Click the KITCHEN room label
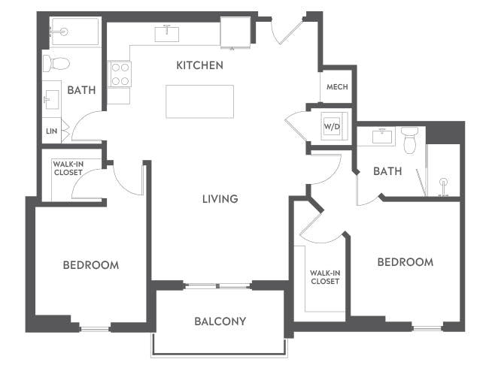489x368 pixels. coord(199,65)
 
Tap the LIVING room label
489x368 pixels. coord(220,199)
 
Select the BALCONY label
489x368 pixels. coord(220,321)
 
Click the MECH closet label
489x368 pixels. coord(336,87)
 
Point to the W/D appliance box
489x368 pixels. coord(332,125)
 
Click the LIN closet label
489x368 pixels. coord(50,131)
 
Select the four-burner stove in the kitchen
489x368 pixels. coord(120,74)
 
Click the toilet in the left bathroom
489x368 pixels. coord(56,62)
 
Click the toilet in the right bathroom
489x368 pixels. coord(409,140)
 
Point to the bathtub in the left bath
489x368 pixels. coord(74,32)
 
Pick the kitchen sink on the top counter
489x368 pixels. coord(166,34)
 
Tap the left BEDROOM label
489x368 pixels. coord(90,265)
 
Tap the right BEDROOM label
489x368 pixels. coord(405,262)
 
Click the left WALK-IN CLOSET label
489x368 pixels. coord(68,167)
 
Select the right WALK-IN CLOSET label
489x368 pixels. coord(324,277)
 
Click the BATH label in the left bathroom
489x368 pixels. coord(81,90)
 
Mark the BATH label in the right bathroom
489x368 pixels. coord(387,171)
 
